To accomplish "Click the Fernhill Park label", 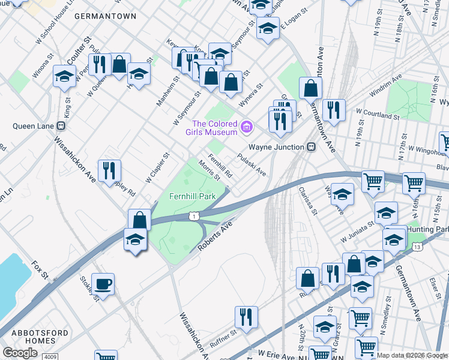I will pyautogui.click(x=192, y=196).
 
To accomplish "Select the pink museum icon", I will pyautogui.click(x=246, y=127).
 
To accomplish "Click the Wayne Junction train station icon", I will pyautogui.click(x=311, y=146).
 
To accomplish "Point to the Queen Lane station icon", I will pyautogui.click(x=60, y=126).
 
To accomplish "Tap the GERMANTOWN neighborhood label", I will pyautogui.click(x=105, y=17).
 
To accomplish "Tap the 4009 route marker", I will pyautogui.click(x=50, y=356).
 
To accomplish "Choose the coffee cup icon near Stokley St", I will pyautogui.click(x=103, y=284).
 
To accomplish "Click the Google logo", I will pyautogui.click(x=20, y=352).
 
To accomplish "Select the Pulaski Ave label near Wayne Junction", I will pyautogui.click(x=252, y=164).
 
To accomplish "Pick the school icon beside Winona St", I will pyautogui.click(x=64, y=76).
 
